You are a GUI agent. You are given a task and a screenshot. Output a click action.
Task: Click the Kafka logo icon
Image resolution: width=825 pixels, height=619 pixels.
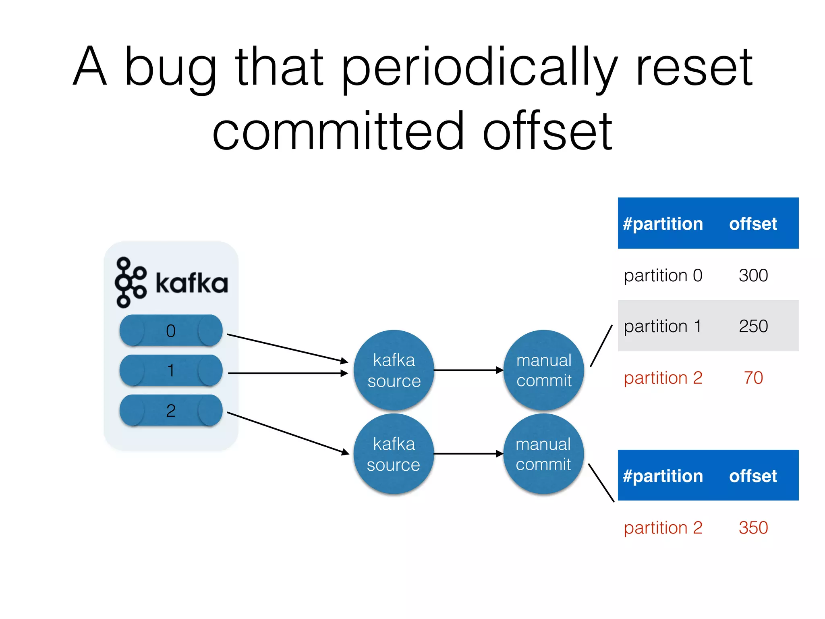pyautogui.click(x=130, y=282)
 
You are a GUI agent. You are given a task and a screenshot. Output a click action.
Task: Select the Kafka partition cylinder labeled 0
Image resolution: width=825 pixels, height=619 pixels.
pyautogui.click(x=171, y=330)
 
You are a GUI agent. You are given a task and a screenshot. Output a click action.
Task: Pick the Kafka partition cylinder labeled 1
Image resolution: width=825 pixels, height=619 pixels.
pyautogui.click(x=171, y=370)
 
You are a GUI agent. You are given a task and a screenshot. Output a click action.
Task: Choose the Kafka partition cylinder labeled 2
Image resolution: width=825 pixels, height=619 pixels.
pyautogui.click(x=171, y=410)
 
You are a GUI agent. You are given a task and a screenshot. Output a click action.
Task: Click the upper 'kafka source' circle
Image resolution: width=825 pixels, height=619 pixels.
pyautogui.click(x=394, y=370)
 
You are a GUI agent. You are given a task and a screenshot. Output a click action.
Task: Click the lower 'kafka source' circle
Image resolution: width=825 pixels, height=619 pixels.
pyautogui.click(x=394, y=454)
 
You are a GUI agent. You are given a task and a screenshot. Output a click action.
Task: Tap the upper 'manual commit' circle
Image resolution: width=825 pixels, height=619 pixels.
pyautogui.click(x=543, y=370)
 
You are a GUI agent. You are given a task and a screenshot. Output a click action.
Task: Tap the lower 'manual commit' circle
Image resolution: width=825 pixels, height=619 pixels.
pyautogui.click(x=543, y=454)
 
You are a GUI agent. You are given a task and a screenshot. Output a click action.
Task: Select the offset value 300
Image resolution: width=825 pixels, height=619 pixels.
pyautogui.click(x=753, y=276)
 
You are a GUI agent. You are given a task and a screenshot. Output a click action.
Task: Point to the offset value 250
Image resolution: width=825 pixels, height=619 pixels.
pyautogui.click(x=753, y=326)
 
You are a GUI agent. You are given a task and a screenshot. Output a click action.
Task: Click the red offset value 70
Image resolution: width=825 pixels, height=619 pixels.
pyautogui.click(x=753, y=378)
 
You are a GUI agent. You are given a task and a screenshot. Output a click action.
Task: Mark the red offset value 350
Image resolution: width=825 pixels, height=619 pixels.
pyautogui.click(x=753, y=528)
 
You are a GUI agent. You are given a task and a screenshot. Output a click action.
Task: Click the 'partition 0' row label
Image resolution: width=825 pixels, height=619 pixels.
pyautogui.click(x=663, y=276)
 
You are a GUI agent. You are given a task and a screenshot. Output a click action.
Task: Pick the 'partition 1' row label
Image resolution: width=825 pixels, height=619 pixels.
pyautogui.click(x=663, y=326)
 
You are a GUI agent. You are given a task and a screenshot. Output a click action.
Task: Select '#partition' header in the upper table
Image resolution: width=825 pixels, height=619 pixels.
pyautogui.click(x=663, y=224)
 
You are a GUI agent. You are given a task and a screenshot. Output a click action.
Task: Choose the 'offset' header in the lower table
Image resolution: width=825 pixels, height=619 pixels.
pyautogui.click(x=752, y=476)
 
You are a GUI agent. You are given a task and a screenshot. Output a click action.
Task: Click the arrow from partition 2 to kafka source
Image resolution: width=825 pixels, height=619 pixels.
pyautogui.click(x=288, y=433)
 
